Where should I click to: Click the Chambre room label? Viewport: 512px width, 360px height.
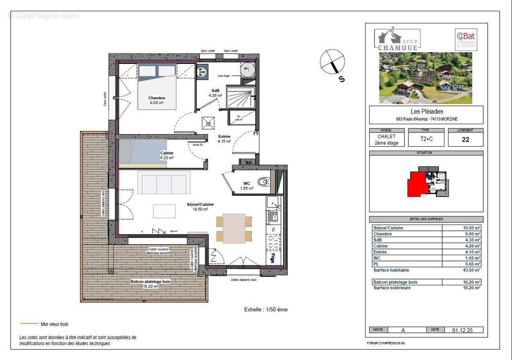pos(157,98)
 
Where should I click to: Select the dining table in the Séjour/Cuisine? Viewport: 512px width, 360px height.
pos(234,228)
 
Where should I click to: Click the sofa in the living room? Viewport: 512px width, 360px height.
pos(164,184)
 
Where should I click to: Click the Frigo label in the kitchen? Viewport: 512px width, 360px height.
pos(273,258)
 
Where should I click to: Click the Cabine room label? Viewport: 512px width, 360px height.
pos(167,153)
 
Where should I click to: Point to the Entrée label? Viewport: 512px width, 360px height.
pos(224,136)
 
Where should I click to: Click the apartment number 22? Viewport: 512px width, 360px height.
pos(465,139)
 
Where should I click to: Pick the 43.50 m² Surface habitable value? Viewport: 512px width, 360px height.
pos(471,270)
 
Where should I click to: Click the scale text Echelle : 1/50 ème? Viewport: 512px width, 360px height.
pos(266,310)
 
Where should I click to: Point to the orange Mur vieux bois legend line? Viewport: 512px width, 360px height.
pos(29,324)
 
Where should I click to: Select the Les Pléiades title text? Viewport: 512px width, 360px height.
pos(426,112)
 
